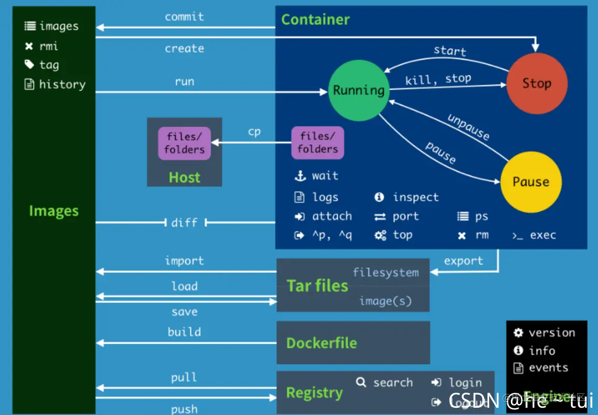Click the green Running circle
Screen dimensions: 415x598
358,90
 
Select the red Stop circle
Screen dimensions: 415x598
536,84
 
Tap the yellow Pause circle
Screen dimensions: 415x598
531,182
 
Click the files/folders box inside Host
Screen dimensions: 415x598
185,143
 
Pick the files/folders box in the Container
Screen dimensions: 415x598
317,143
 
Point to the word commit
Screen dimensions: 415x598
184,17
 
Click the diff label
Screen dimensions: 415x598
185,223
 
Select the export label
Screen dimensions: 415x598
463,261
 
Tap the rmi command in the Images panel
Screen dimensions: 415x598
49,46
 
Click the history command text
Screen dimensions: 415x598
62,84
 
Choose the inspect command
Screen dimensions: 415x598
415,197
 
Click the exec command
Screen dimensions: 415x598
543,236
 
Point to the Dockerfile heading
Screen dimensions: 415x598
322,343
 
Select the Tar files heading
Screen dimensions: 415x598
317,286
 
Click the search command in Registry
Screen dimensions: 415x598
393,383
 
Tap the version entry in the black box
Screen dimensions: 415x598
551,333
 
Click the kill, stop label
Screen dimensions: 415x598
438,79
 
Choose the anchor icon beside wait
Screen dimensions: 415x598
300,176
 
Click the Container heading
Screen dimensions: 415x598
315,20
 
